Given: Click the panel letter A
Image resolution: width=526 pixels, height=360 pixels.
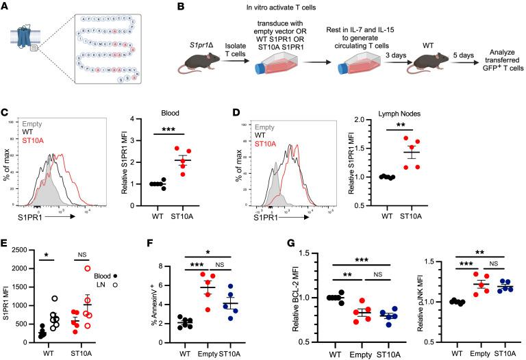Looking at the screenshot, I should click(x=5, y=6).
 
